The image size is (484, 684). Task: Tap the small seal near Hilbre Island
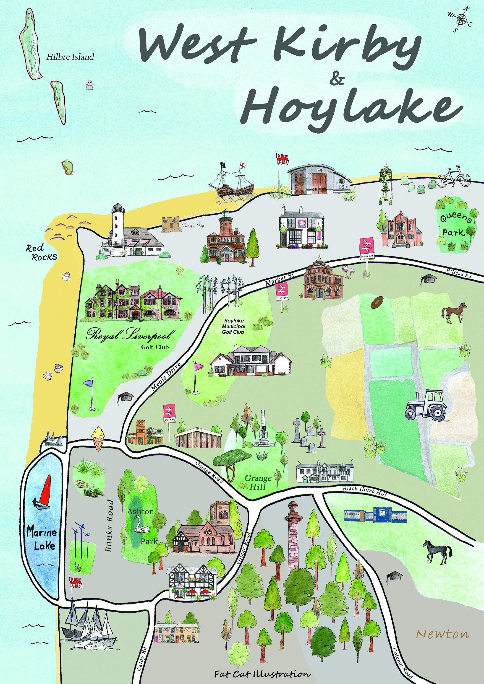(89, 85)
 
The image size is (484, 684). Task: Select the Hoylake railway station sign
(282, 292)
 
